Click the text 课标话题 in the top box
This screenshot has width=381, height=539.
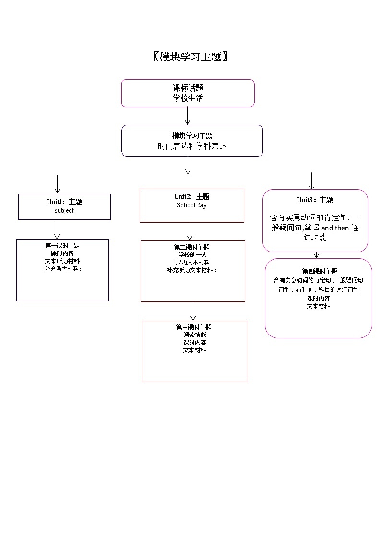click(x=188, y=88)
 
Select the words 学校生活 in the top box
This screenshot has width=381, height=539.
click(x=188, y=98)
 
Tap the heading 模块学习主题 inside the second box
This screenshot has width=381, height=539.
click(x=192, y=136)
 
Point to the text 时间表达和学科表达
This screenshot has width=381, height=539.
click(x=192, y=146)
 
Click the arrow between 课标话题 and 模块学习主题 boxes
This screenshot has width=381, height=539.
click(x=188, y=116)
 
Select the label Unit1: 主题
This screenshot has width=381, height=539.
click(x=64, y=202)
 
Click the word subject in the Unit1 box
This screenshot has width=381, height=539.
click(x=64, y=210)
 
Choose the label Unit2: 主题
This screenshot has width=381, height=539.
click(x=191, y=197)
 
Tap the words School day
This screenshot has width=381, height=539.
click(x=191, y=205)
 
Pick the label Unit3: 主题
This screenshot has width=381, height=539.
click(x=315, y=200)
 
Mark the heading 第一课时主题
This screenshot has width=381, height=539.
click(x=62, y=246)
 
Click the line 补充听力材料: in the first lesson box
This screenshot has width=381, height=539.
click(x=62, y=269)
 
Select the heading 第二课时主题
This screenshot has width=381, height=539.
click(x=192, y=247)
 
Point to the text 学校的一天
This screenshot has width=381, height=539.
click(x=192, y=255)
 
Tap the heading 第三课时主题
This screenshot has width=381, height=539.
click(x=194, y=327)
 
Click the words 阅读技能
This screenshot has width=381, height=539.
click(x=194, y=335)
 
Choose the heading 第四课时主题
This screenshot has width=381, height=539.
click(x=319, y=271)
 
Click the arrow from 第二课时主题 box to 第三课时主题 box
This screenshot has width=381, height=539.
click(x=193, y=311)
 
